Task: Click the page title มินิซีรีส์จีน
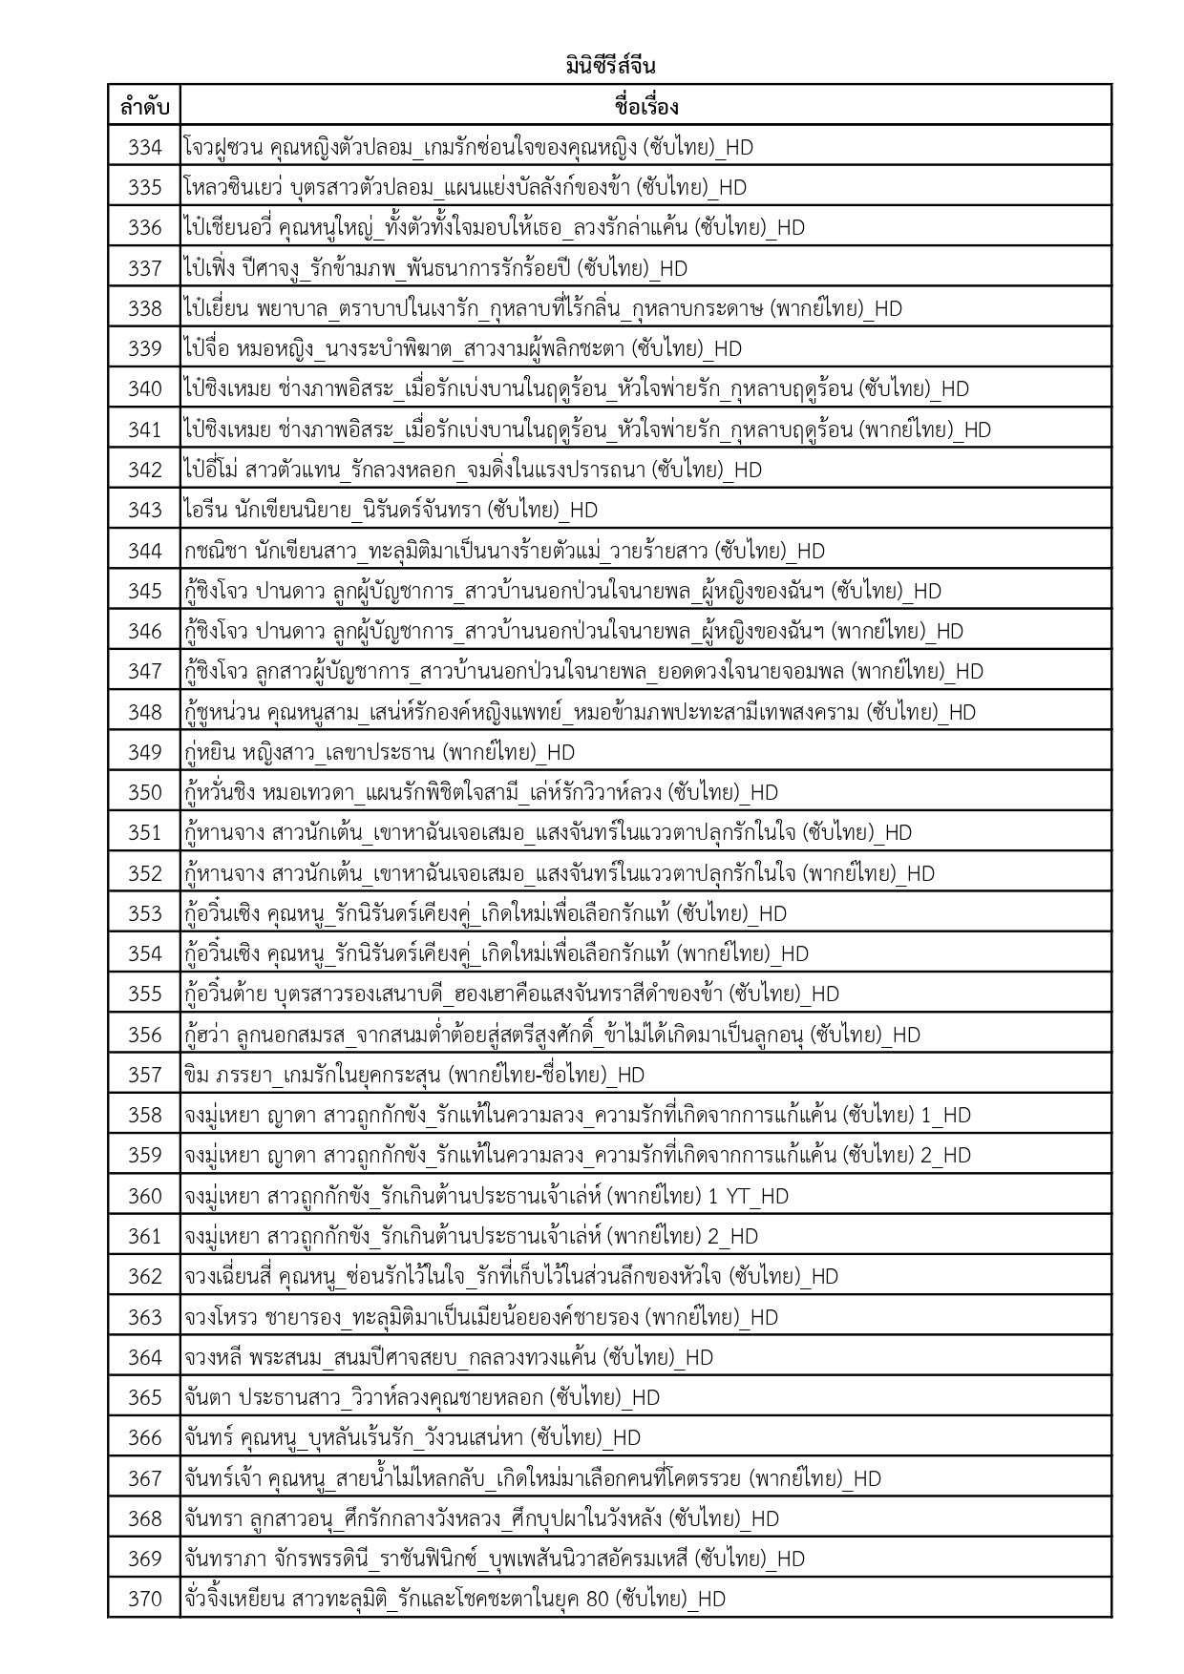[x=609, y=67]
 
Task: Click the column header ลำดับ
[x=144, y=106]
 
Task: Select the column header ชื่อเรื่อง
[x=645, y=106]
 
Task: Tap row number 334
[x=144, y=147]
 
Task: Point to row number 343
[x=144, y=510]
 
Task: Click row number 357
[x=144, y=1075]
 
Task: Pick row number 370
[x=144, y=1599]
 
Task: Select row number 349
[x=144, y=752]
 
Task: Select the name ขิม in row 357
[x=196, y=1075]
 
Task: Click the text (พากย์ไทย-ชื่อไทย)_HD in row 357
[x=548, y=1075]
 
